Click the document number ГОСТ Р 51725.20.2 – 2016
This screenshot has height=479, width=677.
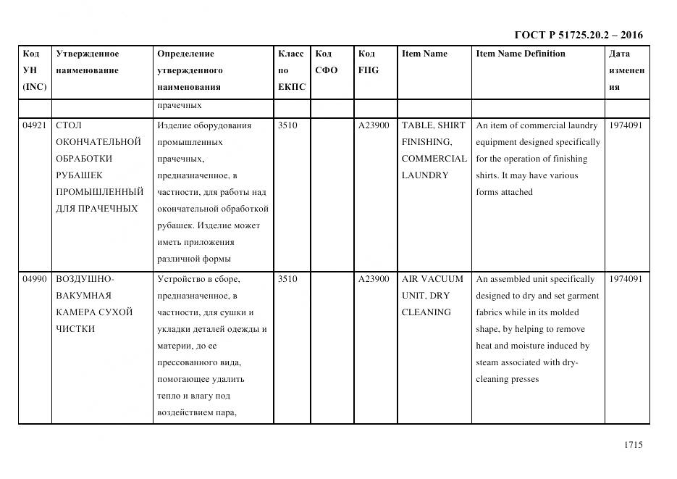578,35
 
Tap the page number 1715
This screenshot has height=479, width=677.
633,446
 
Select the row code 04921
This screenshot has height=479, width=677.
35,125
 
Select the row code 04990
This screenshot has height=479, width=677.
35,279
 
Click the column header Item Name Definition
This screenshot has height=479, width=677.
521,54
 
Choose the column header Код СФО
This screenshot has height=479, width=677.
327,62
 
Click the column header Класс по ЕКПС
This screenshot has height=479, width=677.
291,70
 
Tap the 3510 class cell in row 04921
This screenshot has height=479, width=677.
287,125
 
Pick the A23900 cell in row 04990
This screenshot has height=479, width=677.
374,279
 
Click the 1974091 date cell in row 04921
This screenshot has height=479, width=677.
626,125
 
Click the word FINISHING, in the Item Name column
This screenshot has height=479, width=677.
426,142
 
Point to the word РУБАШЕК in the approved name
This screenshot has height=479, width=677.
79,175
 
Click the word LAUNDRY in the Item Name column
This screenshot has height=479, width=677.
425,175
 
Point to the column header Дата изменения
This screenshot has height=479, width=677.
626,70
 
